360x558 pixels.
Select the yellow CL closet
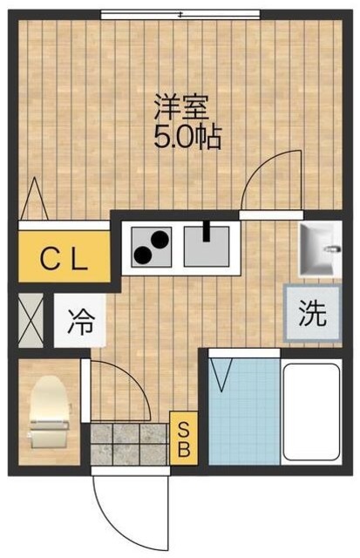point(65,257)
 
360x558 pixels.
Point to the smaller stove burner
point(142,255)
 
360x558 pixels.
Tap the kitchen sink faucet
point(207,232)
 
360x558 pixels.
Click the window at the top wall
point(180,14)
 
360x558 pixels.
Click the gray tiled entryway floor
point(129,443)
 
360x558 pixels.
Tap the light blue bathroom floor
point(243,410)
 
